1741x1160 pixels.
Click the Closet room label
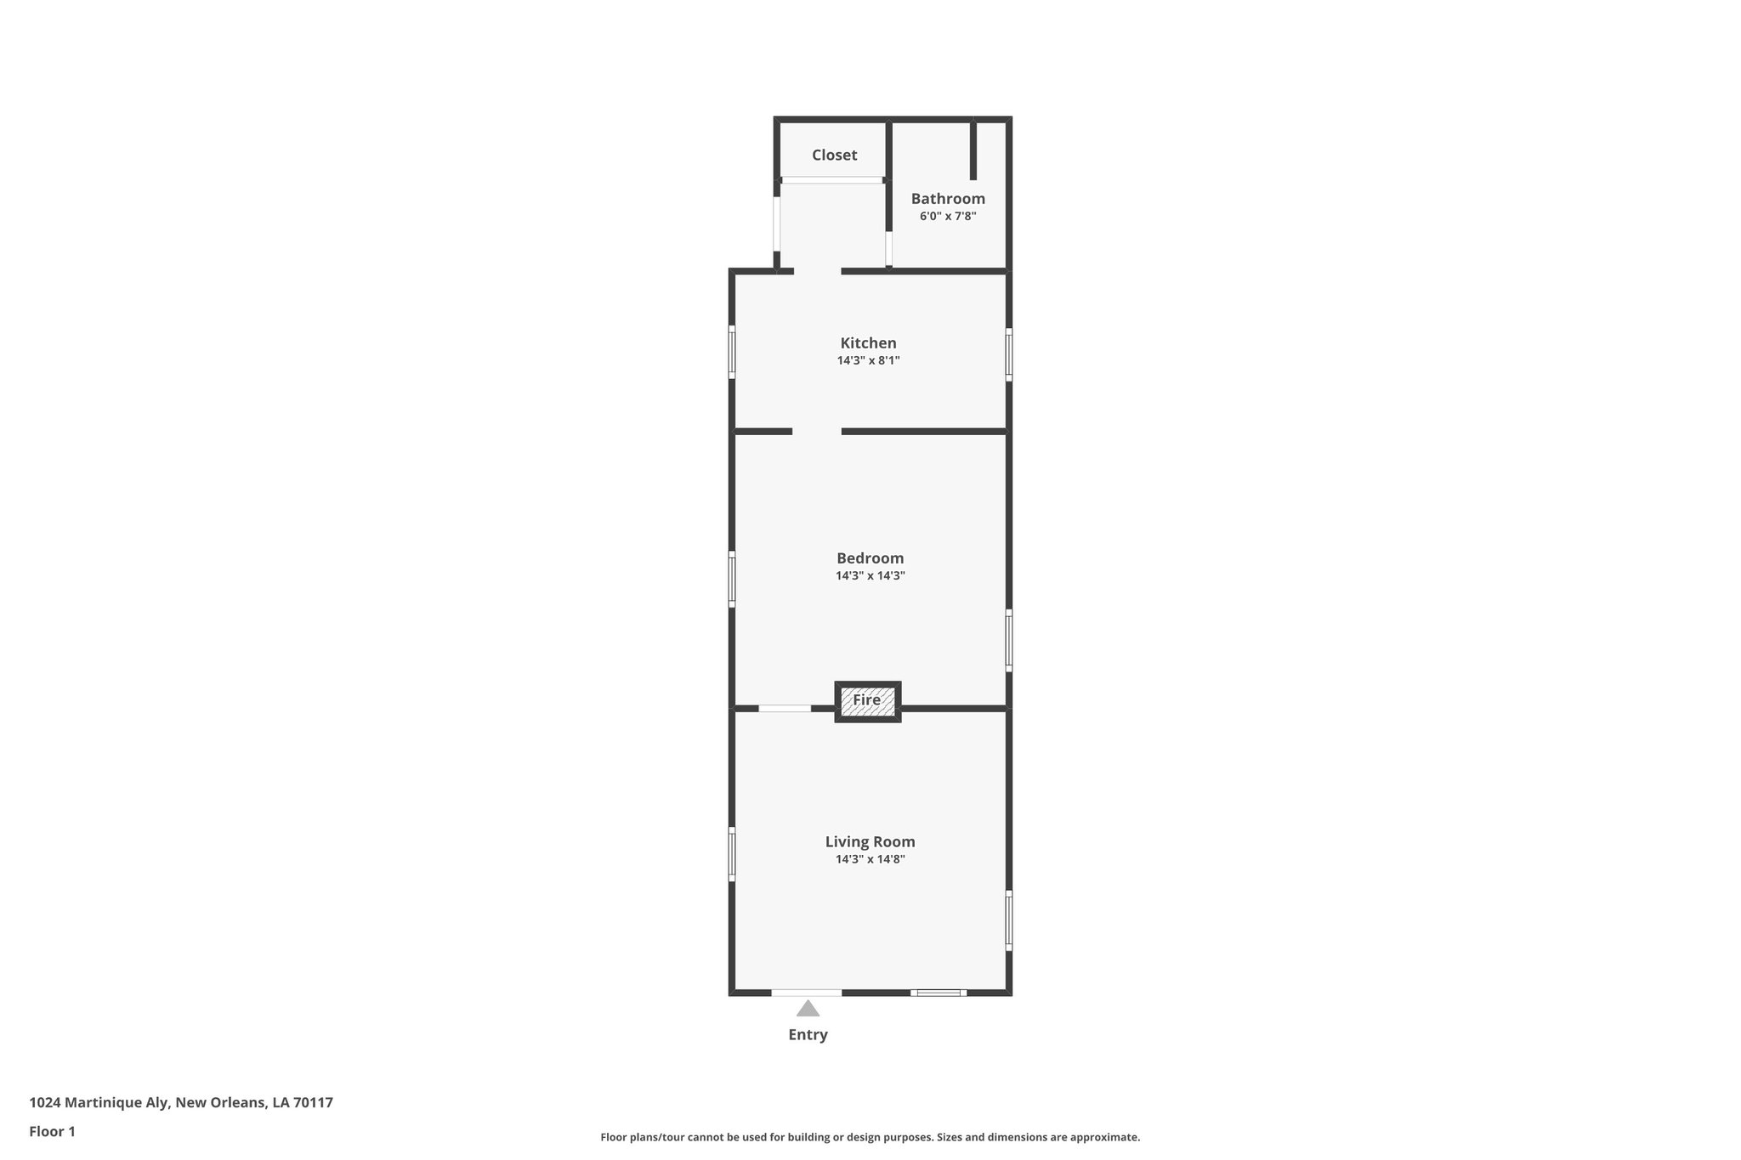[834, 155]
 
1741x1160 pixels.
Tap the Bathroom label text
[948, 199]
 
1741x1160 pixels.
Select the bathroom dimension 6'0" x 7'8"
[948, 217]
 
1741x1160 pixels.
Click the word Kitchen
[868, 343]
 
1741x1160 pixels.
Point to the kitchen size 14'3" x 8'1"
[868, 360]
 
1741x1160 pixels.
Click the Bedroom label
[870, 558]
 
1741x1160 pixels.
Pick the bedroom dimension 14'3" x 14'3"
[870, 576]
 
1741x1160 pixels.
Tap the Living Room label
[870, 842]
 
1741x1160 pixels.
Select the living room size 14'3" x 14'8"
[870, 859]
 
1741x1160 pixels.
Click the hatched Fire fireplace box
[867, 701]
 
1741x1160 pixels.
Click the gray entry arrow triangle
[808, 1009]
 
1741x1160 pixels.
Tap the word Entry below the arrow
[808, 1035]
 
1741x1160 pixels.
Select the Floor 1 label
[52, 1132]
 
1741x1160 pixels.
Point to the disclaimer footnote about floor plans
[870, 1137]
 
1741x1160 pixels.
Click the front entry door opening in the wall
[806, 993]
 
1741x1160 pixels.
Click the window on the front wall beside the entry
[939, 993]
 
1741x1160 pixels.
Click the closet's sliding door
[832, 180]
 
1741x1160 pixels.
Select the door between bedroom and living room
[785, 708]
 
